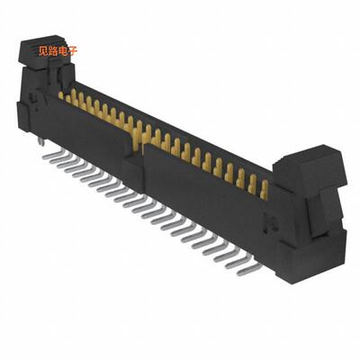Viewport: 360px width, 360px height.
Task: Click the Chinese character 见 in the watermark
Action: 42,50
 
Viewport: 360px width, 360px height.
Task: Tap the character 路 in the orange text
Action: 52,50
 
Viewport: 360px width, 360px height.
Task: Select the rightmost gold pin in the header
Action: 264,189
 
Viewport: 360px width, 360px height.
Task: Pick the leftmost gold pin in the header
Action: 62,94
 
